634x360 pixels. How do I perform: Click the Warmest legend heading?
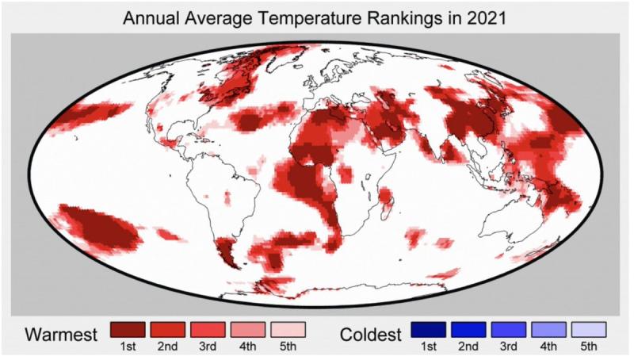[61, 334]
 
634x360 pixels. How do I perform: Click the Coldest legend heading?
[369, 334]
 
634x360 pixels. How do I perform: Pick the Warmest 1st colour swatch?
[127, 329]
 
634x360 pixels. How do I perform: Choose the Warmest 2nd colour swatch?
[167, 329]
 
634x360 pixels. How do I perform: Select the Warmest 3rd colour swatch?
[208, 329]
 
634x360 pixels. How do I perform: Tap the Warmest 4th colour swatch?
[248, 329]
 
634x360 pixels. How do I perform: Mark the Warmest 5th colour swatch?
[288, 329]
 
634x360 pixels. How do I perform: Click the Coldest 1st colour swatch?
[429, 329]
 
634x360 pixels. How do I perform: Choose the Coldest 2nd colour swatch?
[469, 329]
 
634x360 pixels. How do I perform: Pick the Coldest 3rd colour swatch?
[510, 329]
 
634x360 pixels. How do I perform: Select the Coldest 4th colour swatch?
[549, 329]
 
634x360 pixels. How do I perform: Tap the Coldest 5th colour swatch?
[589, 329]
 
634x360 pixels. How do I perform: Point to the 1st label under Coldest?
[429, 347]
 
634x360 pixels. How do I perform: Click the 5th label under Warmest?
[288, 347]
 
